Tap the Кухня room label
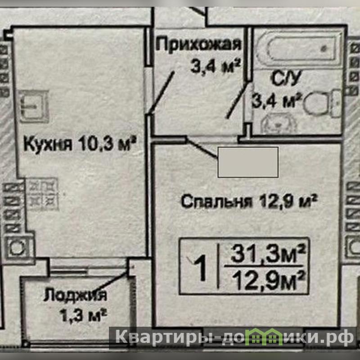[48, 144]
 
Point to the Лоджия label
[75, 295]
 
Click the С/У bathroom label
[286, 79]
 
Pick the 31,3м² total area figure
[268, 254]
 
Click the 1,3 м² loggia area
[83, 315]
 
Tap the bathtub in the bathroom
[299, 49]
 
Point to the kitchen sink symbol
[34, 106]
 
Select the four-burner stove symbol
[42, 194]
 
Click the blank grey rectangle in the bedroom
[248, 162]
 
